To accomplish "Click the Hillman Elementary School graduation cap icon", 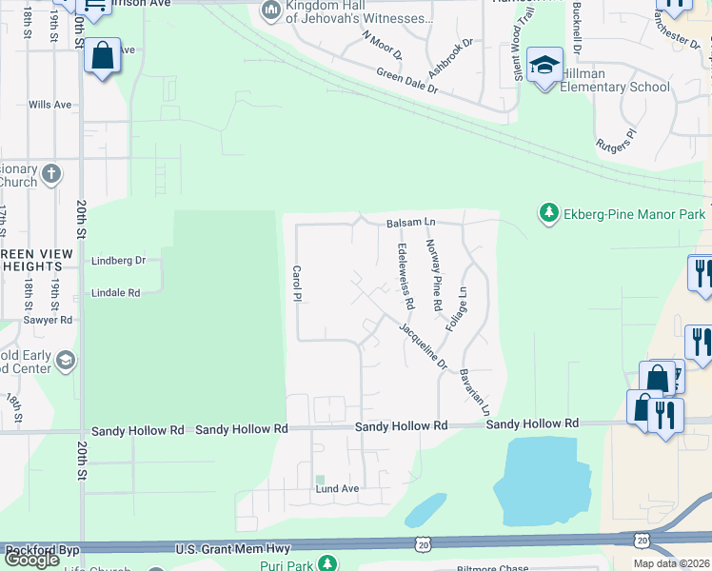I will [545, 65].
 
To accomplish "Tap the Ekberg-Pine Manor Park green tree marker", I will [548, 211].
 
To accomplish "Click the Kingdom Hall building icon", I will [270, 10].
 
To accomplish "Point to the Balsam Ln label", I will [410, 223].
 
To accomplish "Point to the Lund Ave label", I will [337, 489].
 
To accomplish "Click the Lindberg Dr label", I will [118, 260].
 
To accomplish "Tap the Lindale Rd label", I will [115, 293].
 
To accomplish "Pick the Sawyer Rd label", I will [52, 321].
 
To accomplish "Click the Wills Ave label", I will [50, 105].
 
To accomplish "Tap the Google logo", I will [32, 560].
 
